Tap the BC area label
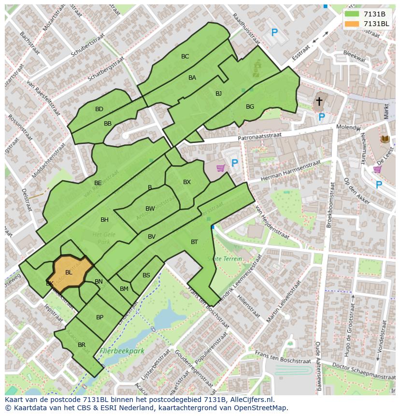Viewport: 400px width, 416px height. click(x=185, y=57)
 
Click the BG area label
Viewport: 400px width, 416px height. click(x=250, y=107)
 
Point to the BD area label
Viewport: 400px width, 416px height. click(x=99, y=109)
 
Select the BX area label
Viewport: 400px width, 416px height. click(x=187, y=182)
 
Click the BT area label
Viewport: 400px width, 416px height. click(x=194, y=242)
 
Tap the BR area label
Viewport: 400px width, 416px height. click(x=82, y=345)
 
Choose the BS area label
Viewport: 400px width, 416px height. click(x=146, y=275)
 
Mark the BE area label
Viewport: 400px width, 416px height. click(x=98, y=183)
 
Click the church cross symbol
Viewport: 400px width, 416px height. click(x=319, y=101)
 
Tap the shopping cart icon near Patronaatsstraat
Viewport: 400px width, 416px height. click(x=221, y=168)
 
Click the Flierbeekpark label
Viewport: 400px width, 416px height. click(x=122, y=351)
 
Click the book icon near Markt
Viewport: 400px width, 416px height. click(x=385, y=139)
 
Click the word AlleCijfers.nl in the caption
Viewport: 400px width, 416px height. click(x=251, y=400)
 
